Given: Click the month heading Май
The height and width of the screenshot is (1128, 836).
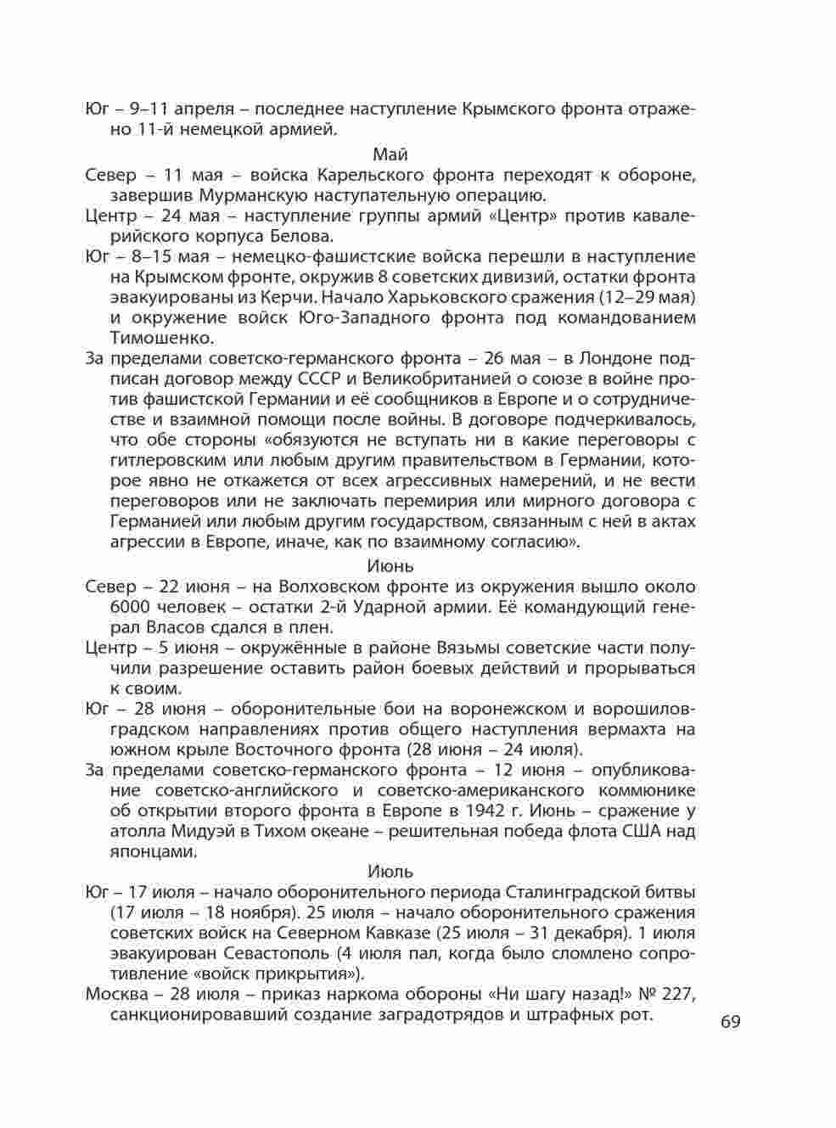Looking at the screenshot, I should (390, 154).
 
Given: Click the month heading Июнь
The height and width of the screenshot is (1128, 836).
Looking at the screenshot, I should (390, 565).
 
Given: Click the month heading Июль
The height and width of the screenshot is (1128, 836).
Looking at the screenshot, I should (390, 872).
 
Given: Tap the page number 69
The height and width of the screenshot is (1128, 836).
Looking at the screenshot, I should (731, 1021).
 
